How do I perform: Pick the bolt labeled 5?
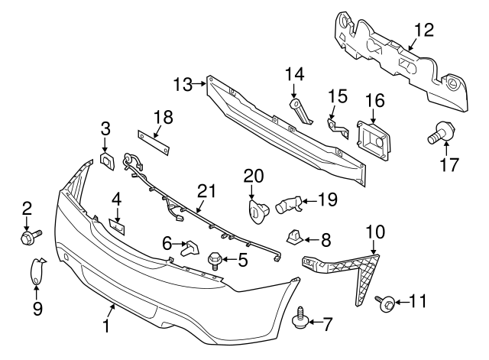[x=215, y=261]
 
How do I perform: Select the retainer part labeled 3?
[x=107, y=161]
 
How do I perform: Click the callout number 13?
[x=182, y=83]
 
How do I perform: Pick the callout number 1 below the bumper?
[x=106, y=326]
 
